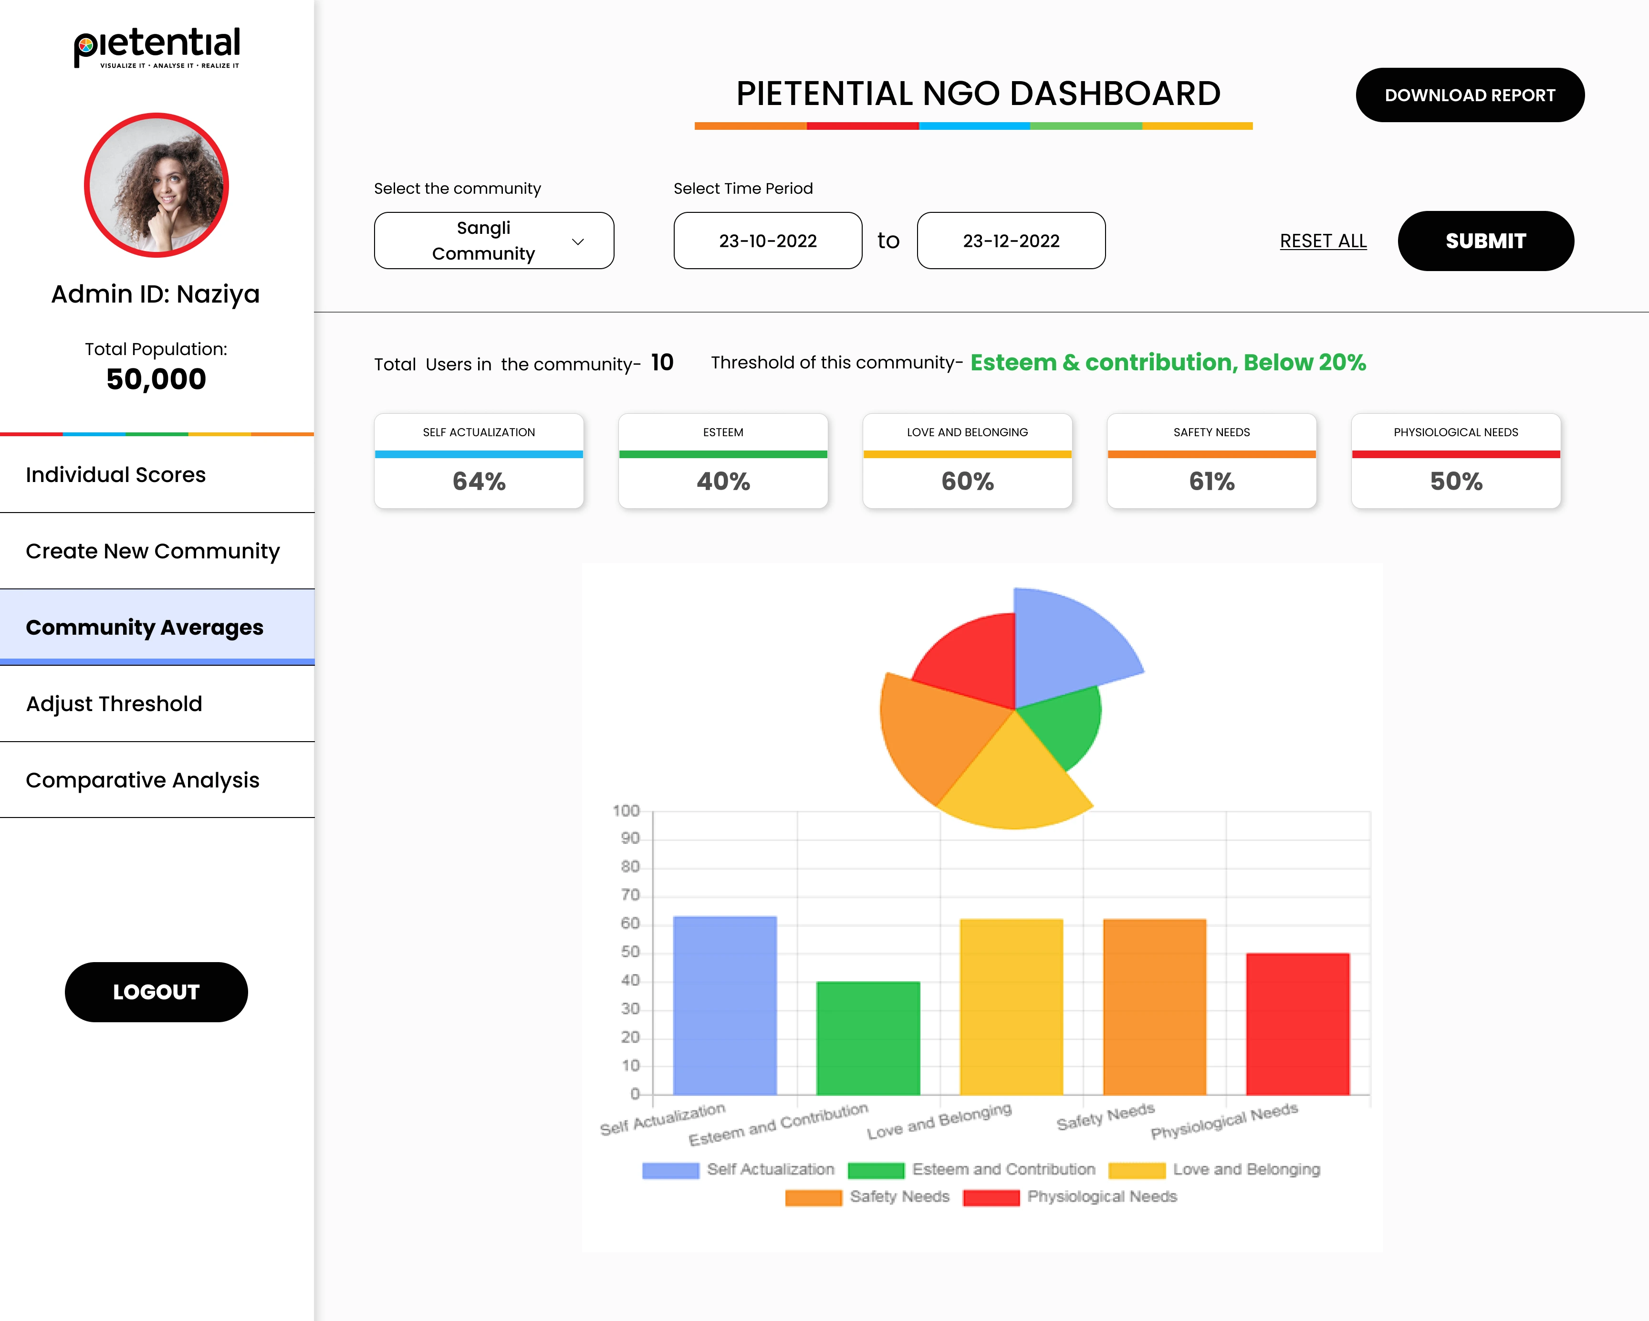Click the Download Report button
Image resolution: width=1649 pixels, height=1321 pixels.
(x=1469, y=95)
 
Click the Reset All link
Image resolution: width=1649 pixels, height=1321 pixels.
(x=1323, y=241)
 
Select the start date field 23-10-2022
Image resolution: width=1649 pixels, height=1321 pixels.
(x=767, y=241)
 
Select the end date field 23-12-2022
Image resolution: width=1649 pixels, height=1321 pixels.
(x=1011, y=241)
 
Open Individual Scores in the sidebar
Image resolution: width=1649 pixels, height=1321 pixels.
(x=115, y=475)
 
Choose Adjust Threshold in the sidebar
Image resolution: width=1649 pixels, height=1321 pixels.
(x=114, y=704)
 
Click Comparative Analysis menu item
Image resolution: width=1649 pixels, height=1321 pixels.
(x=142, y=780)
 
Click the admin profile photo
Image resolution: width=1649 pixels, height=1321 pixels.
(x=156, y=185)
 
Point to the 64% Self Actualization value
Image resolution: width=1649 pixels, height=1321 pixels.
(x=479, y=481)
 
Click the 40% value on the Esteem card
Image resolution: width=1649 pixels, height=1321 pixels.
(x=723, y=481)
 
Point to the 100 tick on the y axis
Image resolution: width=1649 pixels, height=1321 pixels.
(x=626, y=811)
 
